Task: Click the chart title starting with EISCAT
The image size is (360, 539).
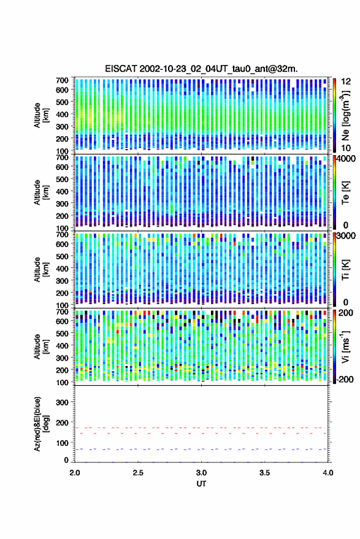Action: tap(201, 69)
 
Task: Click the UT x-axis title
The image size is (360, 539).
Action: tap(201, 484)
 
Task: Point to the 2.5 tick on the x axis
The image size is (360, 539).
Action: tap(138, 473)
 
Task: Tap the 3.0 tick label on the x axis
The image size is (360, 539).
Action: tap(202, 473)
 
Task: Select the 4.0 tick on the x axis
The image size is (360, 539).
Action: tap(328, 473)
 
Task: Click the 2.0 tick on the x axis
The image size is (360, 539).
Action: tap(75, 473)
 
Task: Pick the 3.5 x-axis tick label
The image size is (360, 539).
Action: tap(265, 473)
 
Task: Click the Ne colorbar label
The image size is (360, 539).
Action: tap(346, 115)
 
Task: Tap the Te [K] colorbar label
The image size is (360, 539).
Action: tap(346, 193)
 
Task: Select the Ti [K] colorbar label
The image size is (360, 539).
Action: tap(346, 270)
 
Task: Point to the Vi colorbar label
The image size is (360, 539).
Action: tap(346, 346)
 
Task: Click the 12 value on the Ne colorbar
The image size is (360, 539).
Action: tap(346, 82)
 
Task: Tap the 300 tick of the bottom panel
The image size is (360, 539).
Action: tap(62, 402)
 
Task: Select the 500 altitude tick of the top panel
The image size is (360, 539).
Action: tap(62, 102)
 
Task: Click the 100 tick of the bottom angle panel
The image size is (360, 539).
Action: tap(62, 443)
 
